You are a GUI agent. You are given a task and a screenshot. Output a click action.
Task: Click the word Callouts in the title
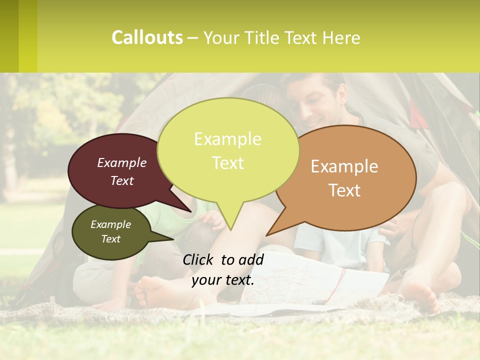click(x=147, y=37)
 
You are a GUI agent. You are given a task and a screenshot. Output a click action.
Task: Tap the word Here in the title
click(x=340, y=37)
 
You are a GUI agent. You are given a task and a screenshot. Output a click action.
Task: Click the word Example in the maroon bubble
click(x=122, y=162)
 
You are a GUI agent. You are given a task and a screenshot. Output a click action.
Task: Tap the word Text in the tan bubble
click(x=344, y=190)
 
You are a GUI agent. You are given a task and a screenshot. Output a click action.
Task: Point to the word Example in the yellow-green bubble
click(x=227, y=139)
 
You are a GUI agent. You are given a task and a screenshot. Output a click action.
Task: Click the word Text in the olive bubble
click(x=110, y=239)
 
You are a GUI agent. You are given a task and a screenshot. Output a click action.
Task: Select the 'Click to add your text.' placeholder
click(x=223, y=269)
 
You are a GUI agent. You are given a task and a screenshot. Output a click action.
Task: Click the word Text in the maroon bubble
click(x=122, y=180)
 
